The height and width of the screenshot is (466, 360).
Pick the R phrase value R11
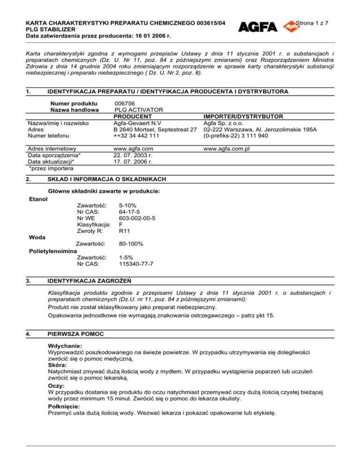[x=125, y=231]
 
